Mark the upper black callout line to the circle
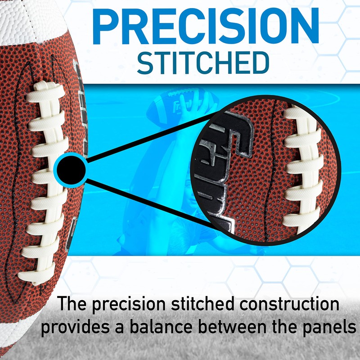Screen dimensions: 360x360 (148, 135)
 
